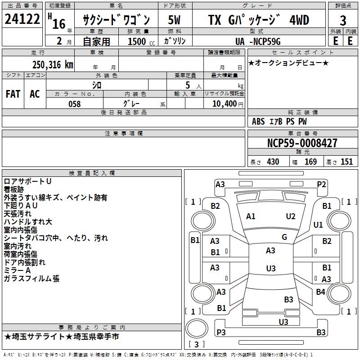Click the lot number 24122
[22, 20]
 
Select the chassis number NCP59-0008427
[301, 144]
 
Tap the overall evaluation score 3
[343, 21]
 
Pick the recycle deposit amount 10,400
[224, 104]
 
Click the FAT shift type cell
[13, 94]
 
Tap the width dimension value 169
[310, 162]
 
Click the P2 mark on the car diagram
[321, 184]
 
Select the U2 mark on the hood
[291, 216]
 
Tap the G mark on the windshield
[284, 237]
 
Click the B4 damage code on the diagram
[320, 292]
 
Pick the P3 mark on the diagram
[221, 332]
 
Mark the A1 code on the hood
[251, 216]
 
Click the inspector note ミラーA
[17, 270]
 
